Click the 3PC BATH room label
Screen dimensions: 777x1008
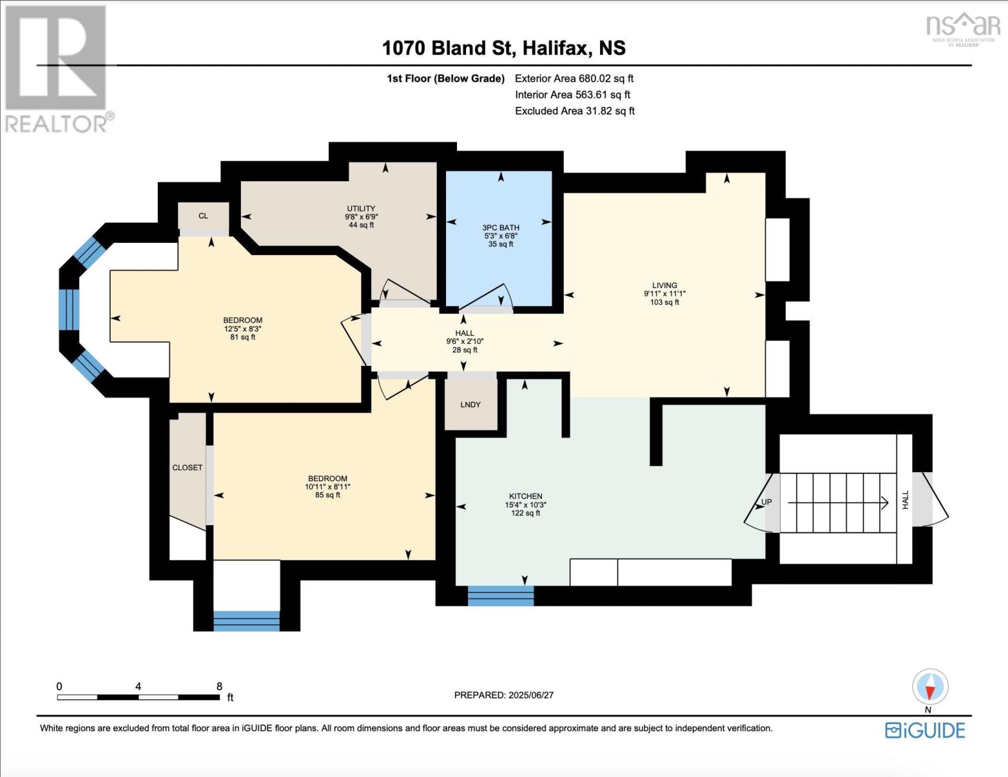coord(500,227)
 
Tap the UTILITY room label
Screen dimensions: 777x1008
coord(361,208)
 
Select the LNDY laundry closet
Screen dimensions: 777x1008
coord(471,404)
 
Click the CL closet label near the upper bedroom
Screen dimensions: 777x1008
coord(203,216)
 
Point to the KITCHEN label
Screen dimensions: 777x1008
coord(525,496)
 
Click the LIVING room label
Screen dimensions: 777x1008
coord(664,285)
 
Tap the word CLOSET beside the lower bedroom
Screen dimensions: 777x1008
coord(187,467)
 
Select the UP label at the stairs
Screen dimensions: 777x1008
coord(766,502)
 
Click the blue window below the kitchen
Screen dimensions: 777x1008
coord(500,596)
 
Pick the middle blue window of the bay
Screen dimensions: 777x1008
coord(69,310)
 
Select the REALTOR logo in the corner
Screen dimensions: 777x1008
coord(57,68)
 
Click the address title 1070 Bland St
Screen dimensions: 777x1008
coord(504,48)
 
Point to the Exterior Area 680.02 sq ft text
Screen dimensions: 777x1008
coord(574,78)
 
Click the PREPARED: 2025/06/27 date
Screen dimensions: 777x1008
coord(504,695)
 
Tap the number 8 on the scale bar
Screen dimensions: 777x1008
coord(219,686)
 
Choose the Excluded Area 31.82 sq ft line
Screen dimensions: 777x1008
coord(574,111)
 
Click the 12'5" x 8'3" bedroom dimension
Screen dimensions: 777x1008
coord(243,328)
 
